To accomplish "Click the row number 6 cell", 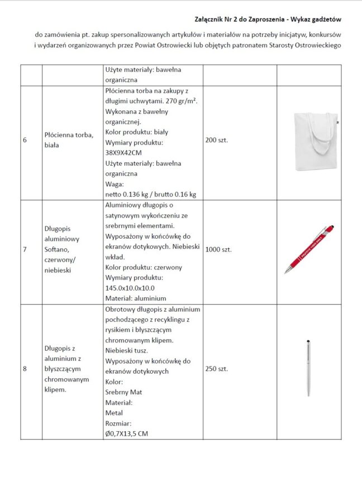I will click(25, 140).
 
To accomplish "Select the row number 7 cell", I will click(25, 249).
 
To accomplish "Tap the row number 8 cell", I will click(25, 369).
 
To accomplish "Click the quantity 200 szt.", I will click(217, 140).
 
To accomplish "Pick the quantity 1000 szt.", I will click(218, 249).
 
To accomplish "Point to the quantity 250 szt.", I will click(217, 369).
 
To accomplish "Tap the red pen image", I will click(311, 248).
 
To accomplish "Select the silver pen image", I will click(308, 368).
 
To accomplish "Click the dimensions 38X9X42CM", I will click(123, 153).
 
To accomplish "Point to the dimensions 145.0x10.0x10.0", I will click(131, 288).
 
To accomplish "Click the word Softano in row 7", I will click(56, 249).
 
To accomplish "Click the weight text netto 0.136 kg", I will click(130, 195).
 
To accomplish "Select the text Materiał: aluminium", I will click(136, 298).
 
